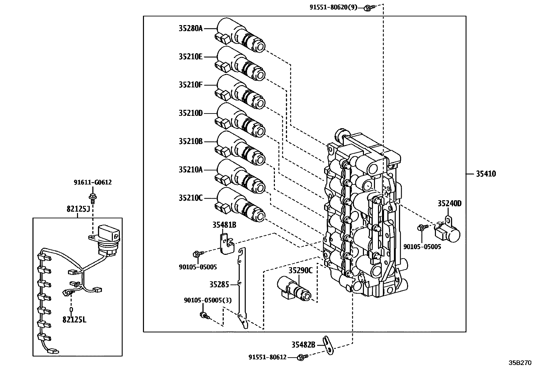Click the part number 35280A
(191, 28)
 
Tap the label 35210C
(191, 198)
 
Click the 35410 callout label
(486, 174)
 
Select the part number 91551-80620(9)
(333, 7)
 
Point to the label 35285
(219, 284)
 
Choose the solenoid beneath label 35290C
(294, 288)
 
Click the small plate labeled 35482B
(329, 345)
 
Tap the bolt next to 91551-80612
(303, 357)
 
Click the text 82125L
(74, 320)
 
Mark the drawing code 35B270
(520, 363)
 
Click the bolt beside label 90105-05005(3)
(205, 316)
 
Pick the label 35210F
(191, 85)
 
